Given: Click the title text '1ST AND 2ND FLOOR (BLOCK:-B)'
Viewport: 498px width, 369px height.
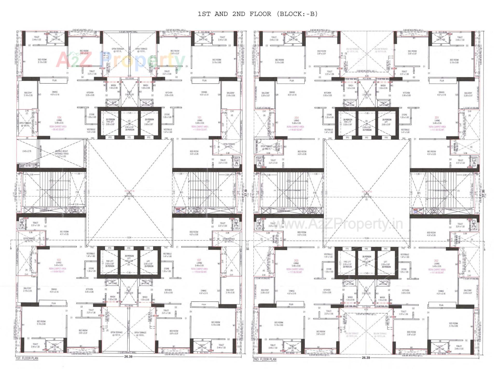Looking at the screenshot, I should tap(257, 14).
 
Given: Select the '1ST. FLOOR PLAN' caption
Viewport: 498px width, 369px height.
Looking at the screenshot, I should tap(27, 358).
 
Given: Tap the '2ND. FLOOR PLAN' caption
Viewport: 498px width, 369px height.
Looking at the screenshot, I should tap(265, 359).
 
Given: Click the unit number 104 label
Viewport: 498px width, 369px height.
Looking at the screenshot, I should tap(59, 118).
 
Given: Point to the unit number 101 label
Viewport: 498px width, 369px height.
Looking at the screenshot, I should tap(199, 118).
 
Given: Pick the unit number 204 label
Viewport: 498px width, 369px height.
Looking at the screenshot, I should tap(296, 118).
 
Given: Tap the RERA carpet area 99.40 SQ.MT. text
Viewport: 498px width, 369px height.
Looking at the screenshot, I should tap(58, 128).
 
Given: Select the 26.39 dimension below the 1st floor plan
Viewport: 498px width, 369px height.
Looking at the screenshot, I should tap(128, 357).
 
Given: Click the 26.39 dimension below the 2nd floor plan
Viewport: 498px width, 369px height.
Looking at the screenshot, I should tap(366, 358).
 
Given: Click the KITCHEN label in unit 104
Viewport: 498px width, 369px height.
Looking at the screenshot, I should tap(90, 93).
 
